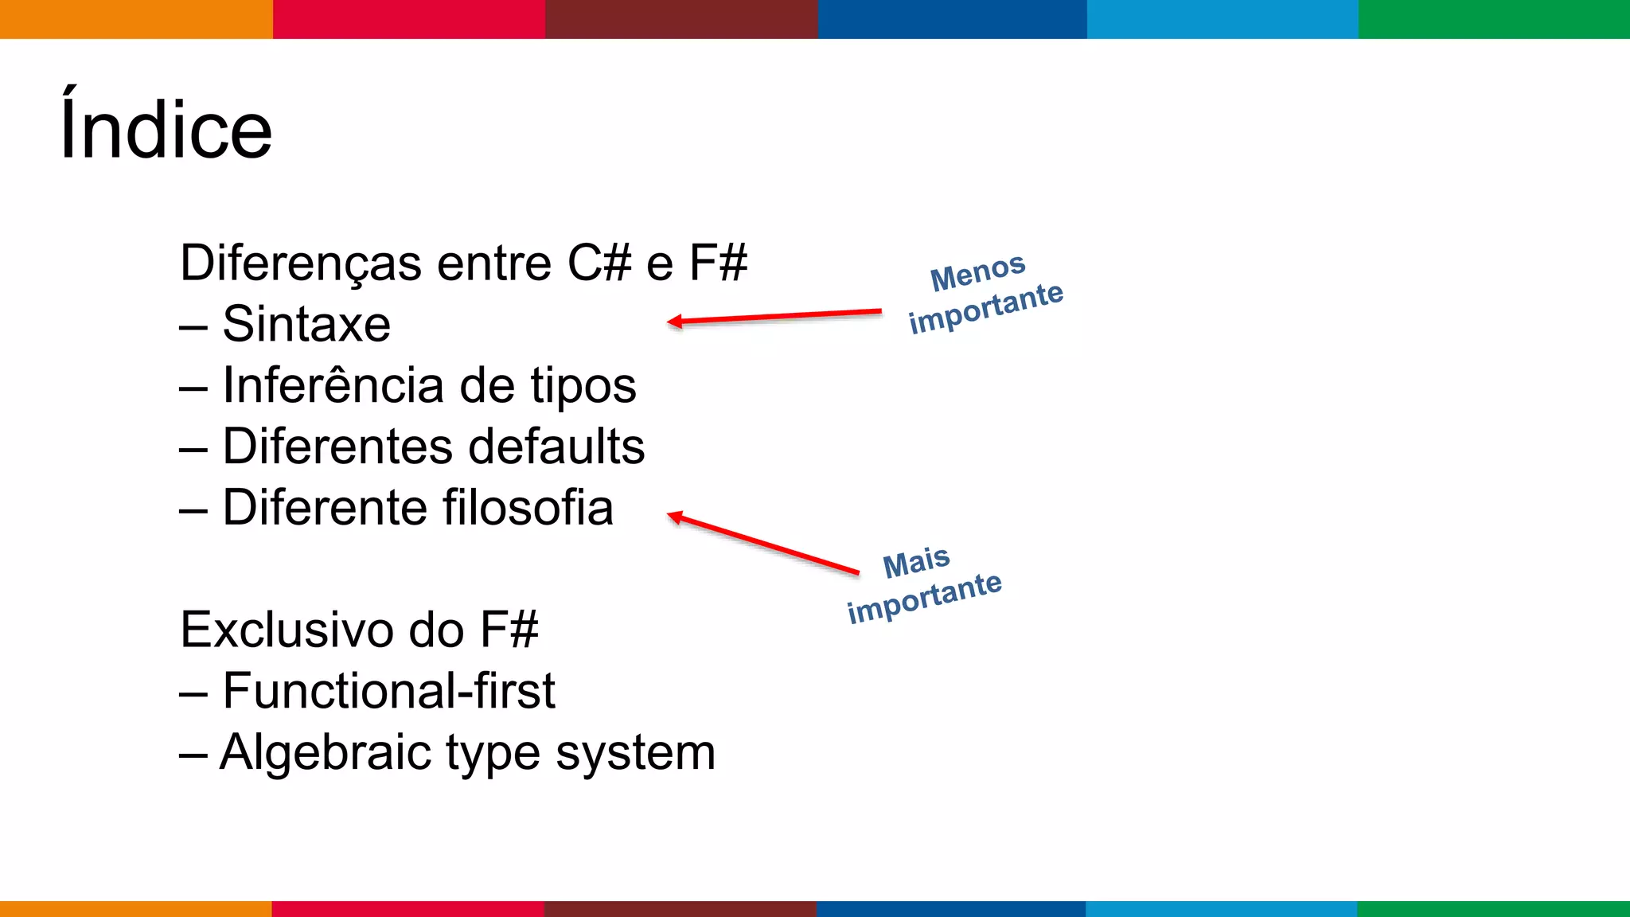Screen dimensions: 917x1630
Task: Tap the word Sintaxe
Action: (306, 324)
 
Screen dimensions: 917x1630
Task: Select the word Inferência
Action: (333, 385)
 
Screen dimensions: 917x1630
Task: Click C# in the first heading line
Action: (599, 263)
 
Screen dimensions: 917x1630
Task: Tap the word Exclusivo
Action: (287, 630)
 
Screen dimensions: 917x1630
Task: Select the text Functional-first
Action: (388, 690)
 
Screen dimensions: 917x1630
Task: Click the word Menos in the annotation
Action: (978, 271)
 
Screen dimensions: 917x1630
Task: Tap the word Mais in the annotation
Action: (917, 563)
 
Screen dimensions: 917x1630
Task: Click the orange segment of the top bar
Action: (136, 19)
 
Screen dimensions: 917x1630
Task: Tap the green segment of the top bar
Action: (1494, 19)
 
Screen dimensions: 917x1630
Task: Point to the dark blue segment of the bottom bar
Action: (951, 908)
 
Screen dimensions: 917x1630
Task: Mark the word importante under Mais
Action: (924, 598)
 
